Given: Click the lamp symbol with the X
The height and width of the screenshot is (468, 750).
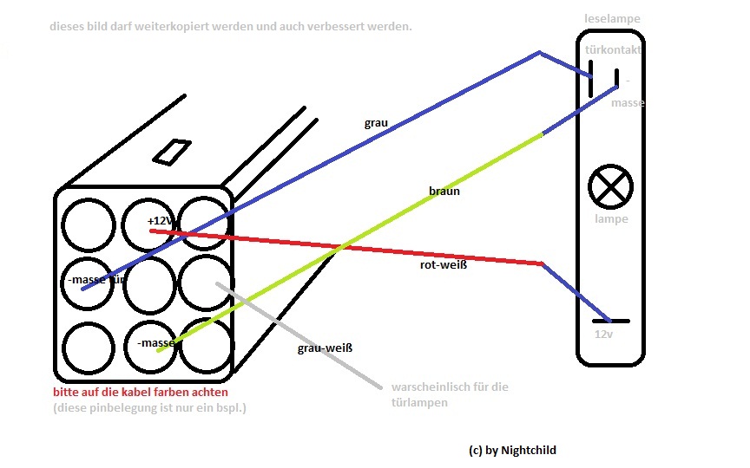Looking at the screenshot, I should click(610, 186).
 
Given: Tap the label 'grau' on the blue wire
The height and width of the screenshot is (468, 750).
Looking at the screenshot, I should click(376, 123).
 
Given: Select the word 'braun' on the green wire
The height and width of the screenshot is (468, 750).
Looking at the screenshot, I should click(444, 191).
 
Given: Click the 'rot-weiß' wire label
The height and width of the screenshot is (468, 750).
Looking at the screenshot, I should click(443, 265).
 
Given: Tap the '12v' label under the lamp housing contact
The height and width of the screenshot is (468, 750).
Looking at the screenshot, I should click(604, 334).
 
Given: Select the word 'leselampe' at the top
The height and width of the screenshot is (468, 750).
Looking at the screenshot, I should click(612, 17).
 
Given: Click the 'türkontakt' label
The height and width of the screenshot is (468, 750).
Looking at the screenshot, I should click(615, 51).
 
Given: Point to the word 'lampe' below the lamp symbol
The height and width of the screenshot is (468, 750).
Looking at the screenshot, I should click(611, 219).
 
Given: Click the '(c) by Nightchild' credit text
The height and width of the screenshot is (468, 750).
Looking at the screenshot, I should click(511, 450).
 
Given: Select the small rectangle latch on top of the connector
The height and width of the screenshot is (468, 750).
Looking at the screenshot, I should click(172, 150).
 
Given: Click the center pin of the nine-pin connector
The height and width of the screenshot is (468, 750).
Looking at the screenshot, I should click(148, 283).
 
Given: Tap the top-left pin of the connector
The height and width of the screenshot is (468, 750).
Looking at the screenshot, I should click(89, 223).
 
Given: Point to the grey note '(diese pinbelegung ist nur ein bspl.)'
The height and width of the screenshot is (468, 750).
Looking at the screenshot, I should click(149, 407).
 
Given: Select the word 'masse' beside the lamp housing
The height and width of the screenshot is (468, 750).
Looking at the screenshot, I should click(628, 103).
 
